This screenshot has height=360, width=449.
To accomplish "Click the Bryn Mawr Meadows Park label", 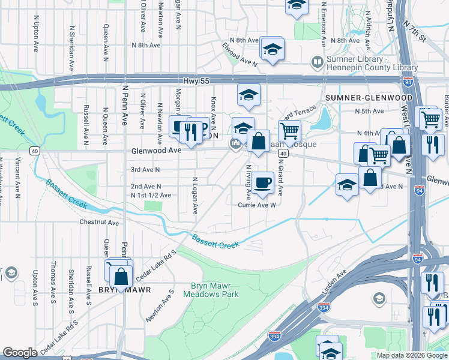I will [214, 290].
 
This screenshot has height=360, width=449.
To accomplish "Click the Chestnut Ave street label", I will [99, 222].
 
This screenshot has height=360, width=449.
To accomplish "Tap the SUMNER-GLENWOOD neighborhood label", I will [360, 97].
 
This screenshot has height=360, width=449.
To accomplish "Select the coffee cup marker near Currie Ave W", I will [262, 182].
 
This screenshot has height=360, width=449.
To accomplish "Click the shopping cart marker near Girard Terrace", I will [289, 131].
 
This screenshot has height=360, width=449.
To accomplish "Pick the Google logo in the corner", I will [20, 353].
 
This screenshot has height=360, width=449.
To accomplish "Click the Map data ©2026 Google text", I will [412, 355].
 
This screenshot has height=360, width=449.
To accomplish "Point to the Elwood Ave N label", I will [239, 53].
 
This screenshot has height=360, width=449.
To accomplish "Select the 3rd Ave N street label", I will [146, 169].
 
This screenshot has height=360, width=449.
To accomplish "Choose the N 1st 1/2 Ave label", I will [151, 195].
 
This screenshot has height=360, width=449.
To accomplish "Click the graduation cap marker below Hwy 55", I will [247, 94].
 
